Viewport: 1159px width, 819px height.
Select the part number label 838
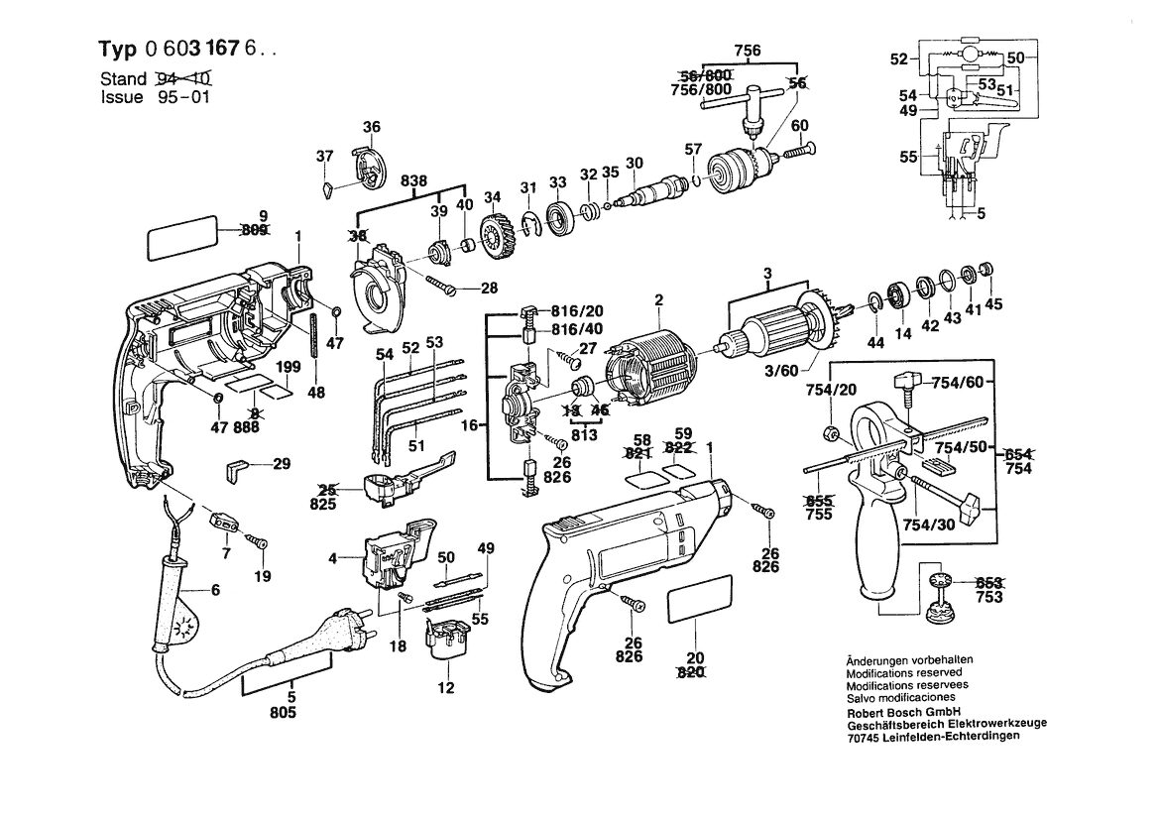pyautogui.click(x=413, y=181)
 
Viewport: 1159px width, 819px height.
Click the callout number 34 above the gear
pyautogui.click(x=493, y=197)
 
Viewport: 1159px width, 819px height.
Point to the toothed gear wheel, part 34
pyautogui.click(x=497, y=236)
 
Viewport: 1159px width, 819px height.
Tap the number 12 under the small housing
pyautogui.click(x=445, y=688)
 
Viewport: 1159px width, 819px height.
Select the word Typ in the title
pyautogui.click(x=118, y=50)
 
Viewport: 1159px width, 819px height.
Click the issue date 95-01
pyautogui.click(x=183, y=97)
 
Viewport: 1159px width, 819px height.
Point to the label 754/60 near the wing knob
pyautogui.click(x=958, y=382)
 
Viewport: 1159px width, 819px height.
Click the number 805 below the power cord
pyautogui.click(x=284, y=712)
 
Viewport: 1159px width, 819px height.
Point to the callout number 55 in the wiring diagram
pyautogui.click(x=908, y=157)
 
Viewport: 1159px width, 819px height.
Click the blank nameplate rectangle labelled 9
pyautogui.click(x=181, y=238)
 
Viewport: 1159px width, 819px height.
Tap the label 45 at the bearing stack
pyautogui.click(x=993, y=303)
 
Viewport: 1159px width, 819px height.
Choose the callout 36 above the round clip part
pyautogui.click(x=372, y=127)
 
